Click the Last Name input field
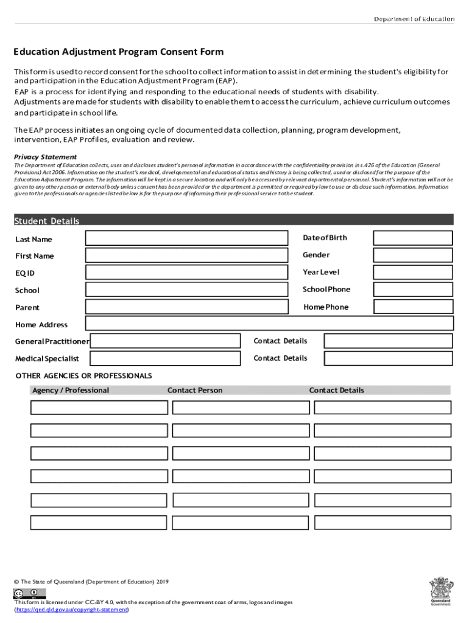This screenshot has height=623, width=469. (x=186, y=238)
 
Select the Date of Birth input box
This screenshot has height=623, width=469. (x=413, y=238)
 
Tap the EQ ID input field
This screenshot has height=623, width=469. (x=186, y=273)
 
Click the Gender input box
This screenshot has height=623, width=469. (x=413, y=255)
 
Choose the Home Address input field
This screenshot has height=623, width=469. (x=269, y=324)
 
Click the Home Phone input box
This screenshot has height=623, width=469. (x=413, y=307)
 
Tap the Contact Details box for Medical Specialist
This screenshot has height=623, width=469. (x=388, y=358)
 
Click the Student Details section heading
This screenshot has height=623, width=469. (x=47, y=221)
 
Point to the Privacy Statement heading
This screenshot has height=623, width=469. (x=46, y=157)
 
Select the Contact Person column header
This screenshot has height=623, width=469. (x=195, y=390)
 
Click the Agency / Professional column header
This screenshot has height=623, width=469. (x=71, y=390)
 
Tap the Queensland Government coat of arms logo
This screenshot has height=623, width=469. (x=440, y=590)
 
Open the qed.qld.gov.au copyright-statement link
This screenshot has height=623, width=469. (x=72, y=610)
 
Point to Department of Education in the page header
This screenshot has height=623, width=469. (x=414, y=19)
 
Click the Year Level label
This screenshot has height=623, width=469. (x=321, y=272)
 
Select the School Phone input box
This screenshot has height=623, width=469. (x=413, y=290)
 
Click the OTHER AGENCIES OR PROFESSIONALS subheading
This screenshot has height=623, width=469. (x=83, y=375)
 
